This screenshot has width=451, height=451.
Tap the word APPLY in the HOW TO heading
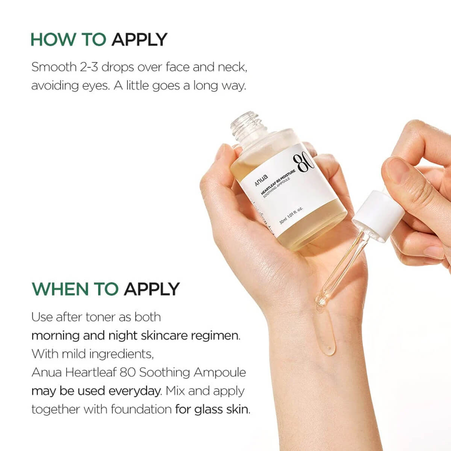pos(139,39)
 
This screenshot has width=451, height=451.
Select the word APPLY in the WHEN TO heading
pos(152,289)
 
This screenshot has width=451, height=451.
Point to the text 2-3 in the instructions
pos(89,67)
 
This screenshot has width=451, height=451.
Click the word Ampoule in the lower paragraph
pos(220,372)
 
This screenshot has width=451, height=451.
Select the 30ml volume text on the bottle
pos(283,221)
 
